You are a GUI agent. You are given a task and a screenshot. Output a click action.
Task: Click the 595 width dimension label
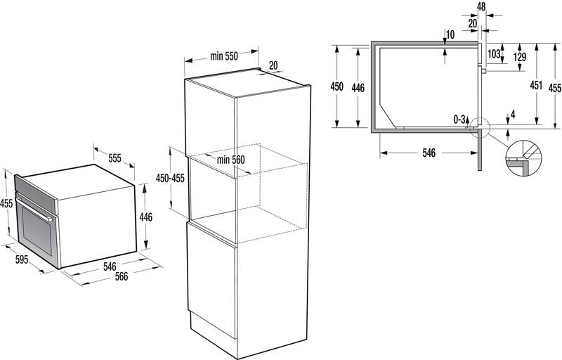tap(22, 259)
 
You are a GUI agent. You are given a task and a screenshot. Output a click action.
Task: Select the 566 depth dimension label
tap(121, 276)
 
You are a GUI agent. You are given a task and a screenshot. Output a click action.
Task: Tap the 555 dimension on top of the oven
tap(115, 158)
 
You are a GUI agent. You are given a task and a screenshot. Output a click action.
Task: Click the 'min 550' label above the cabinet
tap(224, 56)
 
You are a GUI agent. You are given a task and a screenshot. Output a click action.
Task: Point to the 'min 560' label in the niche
tap(231, 160)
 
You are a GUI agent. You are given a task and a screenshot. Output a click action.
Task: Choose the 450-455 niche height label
tap(170, 178)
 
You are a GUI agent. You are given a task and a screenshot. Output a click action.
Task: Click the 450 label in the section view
tap(337, 86)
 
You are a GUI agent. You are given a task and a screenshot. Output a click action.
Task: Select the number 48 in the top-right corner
tap(481, 6)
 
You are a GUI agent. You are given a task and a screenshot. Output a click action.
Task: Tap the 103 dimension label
tap(494, 53)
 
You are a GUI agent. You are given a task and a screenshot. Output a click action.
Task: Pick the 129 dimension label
tap(520, 57)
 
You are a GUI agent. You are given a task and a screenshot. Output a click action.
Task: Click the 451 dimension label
tap(536, 85)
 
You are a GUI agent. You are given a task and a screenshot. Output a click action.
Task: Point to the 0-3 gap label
tap(459, 119)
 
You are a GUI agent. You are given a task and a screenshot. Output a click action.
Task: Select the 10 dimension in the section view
tap(450, 34)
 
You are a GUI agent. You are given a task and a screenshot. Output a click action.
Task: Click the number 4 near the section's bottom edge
tap(513, 115)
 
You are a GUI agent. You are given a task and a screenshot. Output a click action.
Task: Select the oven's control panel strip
tap(37, 194)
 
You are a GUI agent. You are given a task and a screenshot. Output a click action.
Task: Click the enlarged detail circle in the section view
tap(523, 157)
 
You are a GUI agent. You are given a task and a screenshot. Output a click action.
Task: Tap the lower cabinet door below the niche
tap(211, 281)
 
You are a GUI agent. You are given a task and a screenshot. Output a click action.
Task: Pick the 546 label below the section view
tap(429, 153)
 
